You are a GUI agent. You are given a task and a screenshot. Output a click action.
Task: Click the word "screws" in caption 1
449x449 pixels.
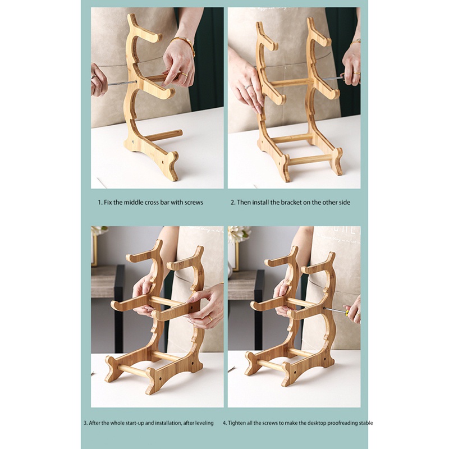pos(193,202)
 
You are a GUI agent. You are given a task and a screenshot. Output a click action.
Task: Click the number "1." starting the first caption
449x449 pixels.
pos(100,202)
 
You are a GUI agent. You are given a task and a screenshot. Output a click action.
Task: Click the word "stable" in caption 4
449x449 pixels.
pos(365,423)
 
